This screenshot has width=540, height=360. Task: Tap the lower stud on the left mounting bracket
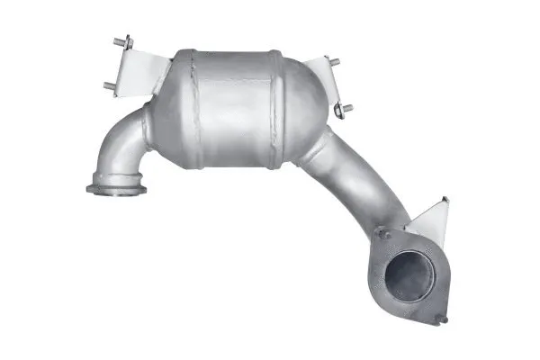click(x=109, y=86)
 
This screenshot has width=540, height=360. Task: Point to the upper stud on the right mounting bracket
click(x=333, y=63)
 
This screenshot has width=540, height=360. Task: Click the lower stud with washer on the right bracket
click(x=344, y=111)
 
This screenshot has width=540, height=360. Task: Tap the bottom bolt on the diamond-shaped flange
click(x=442, y=318)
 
